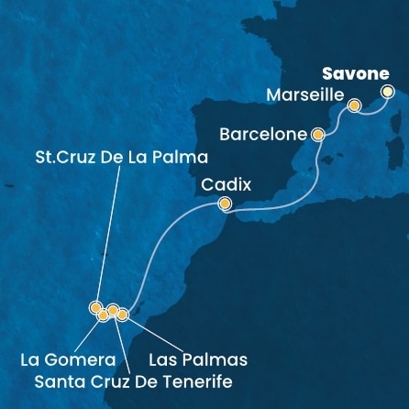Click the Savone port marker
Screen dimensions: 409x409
tap(387, 91)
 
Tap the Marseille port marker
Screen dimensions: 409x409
tap(353, 108)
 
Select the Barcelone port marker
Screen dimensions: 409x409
tap(318, 135)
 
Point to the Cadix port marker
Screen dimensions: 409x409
tap(225, 204)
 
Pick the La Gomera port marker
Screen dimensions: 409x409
tap(103, 315)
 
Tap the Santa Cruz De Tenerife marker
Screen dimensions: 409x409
tap(113, 310)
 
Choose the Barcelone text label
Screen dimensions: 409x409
tap(263, 135)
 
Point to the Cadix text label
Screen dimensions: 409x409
tap(226, 183)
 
